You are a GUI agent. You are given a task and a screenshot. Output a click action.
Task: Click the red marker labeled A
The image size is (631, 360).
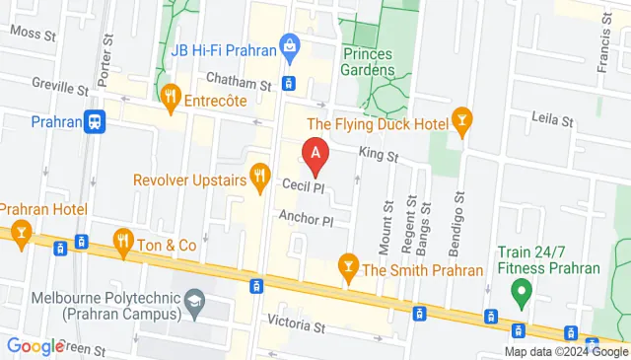(x=315, y=155)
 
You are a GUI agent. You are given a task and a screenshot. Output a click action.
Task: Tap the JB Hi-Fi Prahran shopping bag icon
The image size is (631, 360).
(x=289, y=44)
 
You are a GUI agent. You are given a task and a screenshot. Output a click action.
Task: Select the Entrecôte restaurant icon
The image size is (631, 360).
(x=171, y=97)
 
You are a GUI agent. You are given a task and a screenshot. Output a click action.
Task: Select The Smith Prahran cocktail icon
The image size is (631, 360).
(x=347, y=265)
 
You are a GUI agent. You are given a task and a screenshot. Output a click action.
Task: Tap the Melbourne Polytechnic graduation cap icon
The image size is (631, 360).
(x=195, y=297)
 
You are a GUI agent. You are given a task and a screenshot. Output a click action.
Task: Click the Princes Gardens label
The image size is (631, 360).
(x=372, y=62)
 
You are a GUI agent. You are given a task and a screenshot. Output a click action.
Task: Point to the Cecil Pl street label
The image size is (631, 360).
(x=304, y=187)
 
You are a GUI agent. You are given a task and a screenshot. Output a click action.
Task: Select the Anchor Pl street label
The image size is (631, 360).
(x=308, y=218)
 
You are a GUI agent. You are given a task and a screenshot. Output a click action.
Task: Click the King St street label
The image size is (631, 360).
(x=379, y=155)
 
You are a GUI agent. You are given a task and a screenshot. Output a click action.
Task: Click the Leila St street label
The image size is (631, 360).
(x=551, y=121)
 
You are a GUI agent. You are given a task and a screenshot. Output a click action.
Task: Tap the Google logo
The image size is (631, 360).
(x=35, y=346)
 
